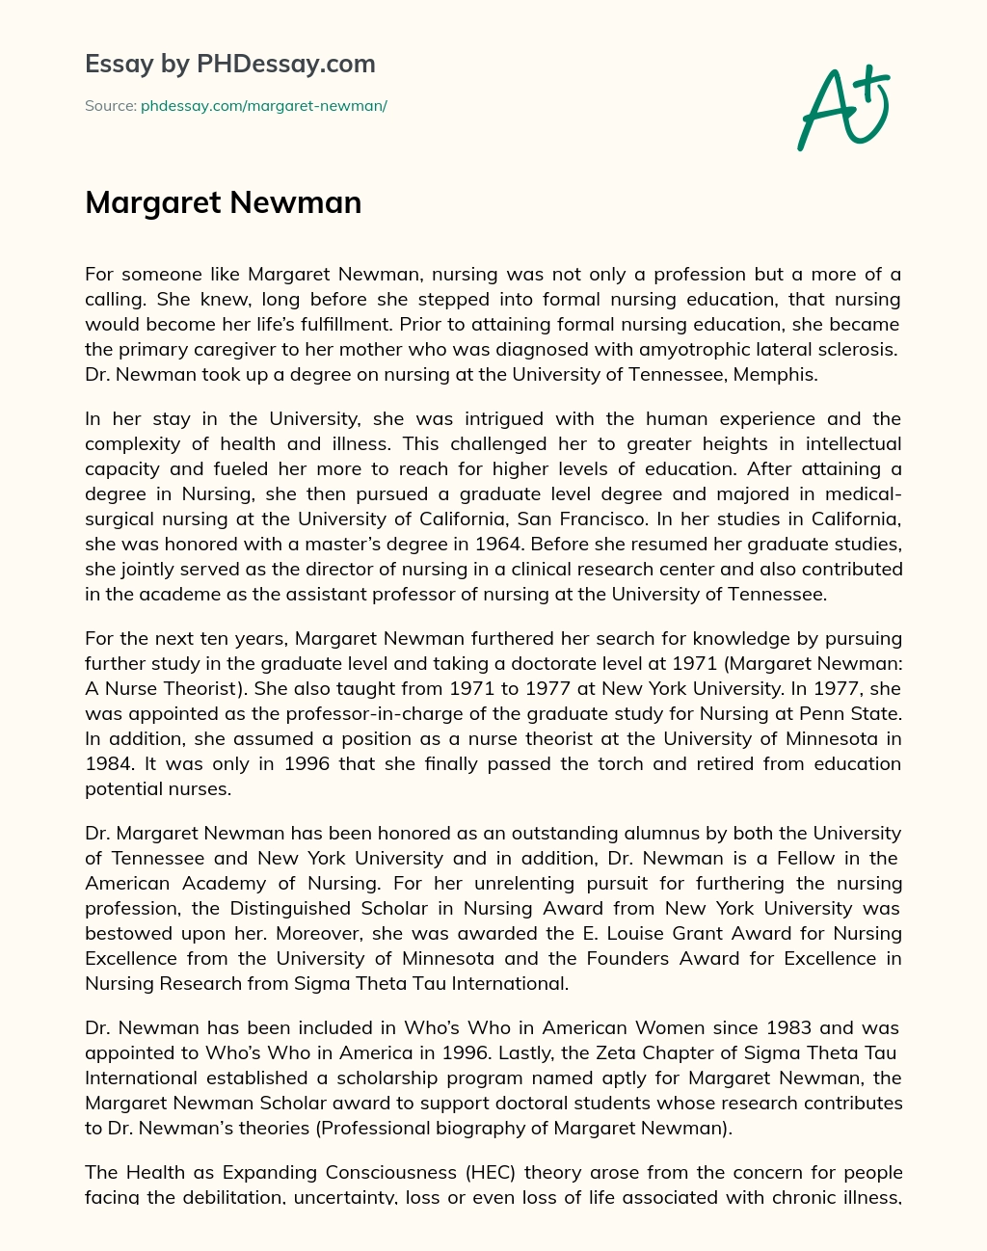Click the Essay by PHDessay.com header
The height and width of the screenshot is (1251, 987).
tap(229, 65)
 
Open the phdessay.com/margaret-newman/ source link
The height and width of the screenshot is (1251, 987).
tap(263, 106)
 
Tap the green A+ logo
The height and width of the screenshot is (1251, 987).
tap(842, 106)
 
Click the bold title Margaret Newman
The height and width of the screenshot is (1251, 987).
tap(223, 202)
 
